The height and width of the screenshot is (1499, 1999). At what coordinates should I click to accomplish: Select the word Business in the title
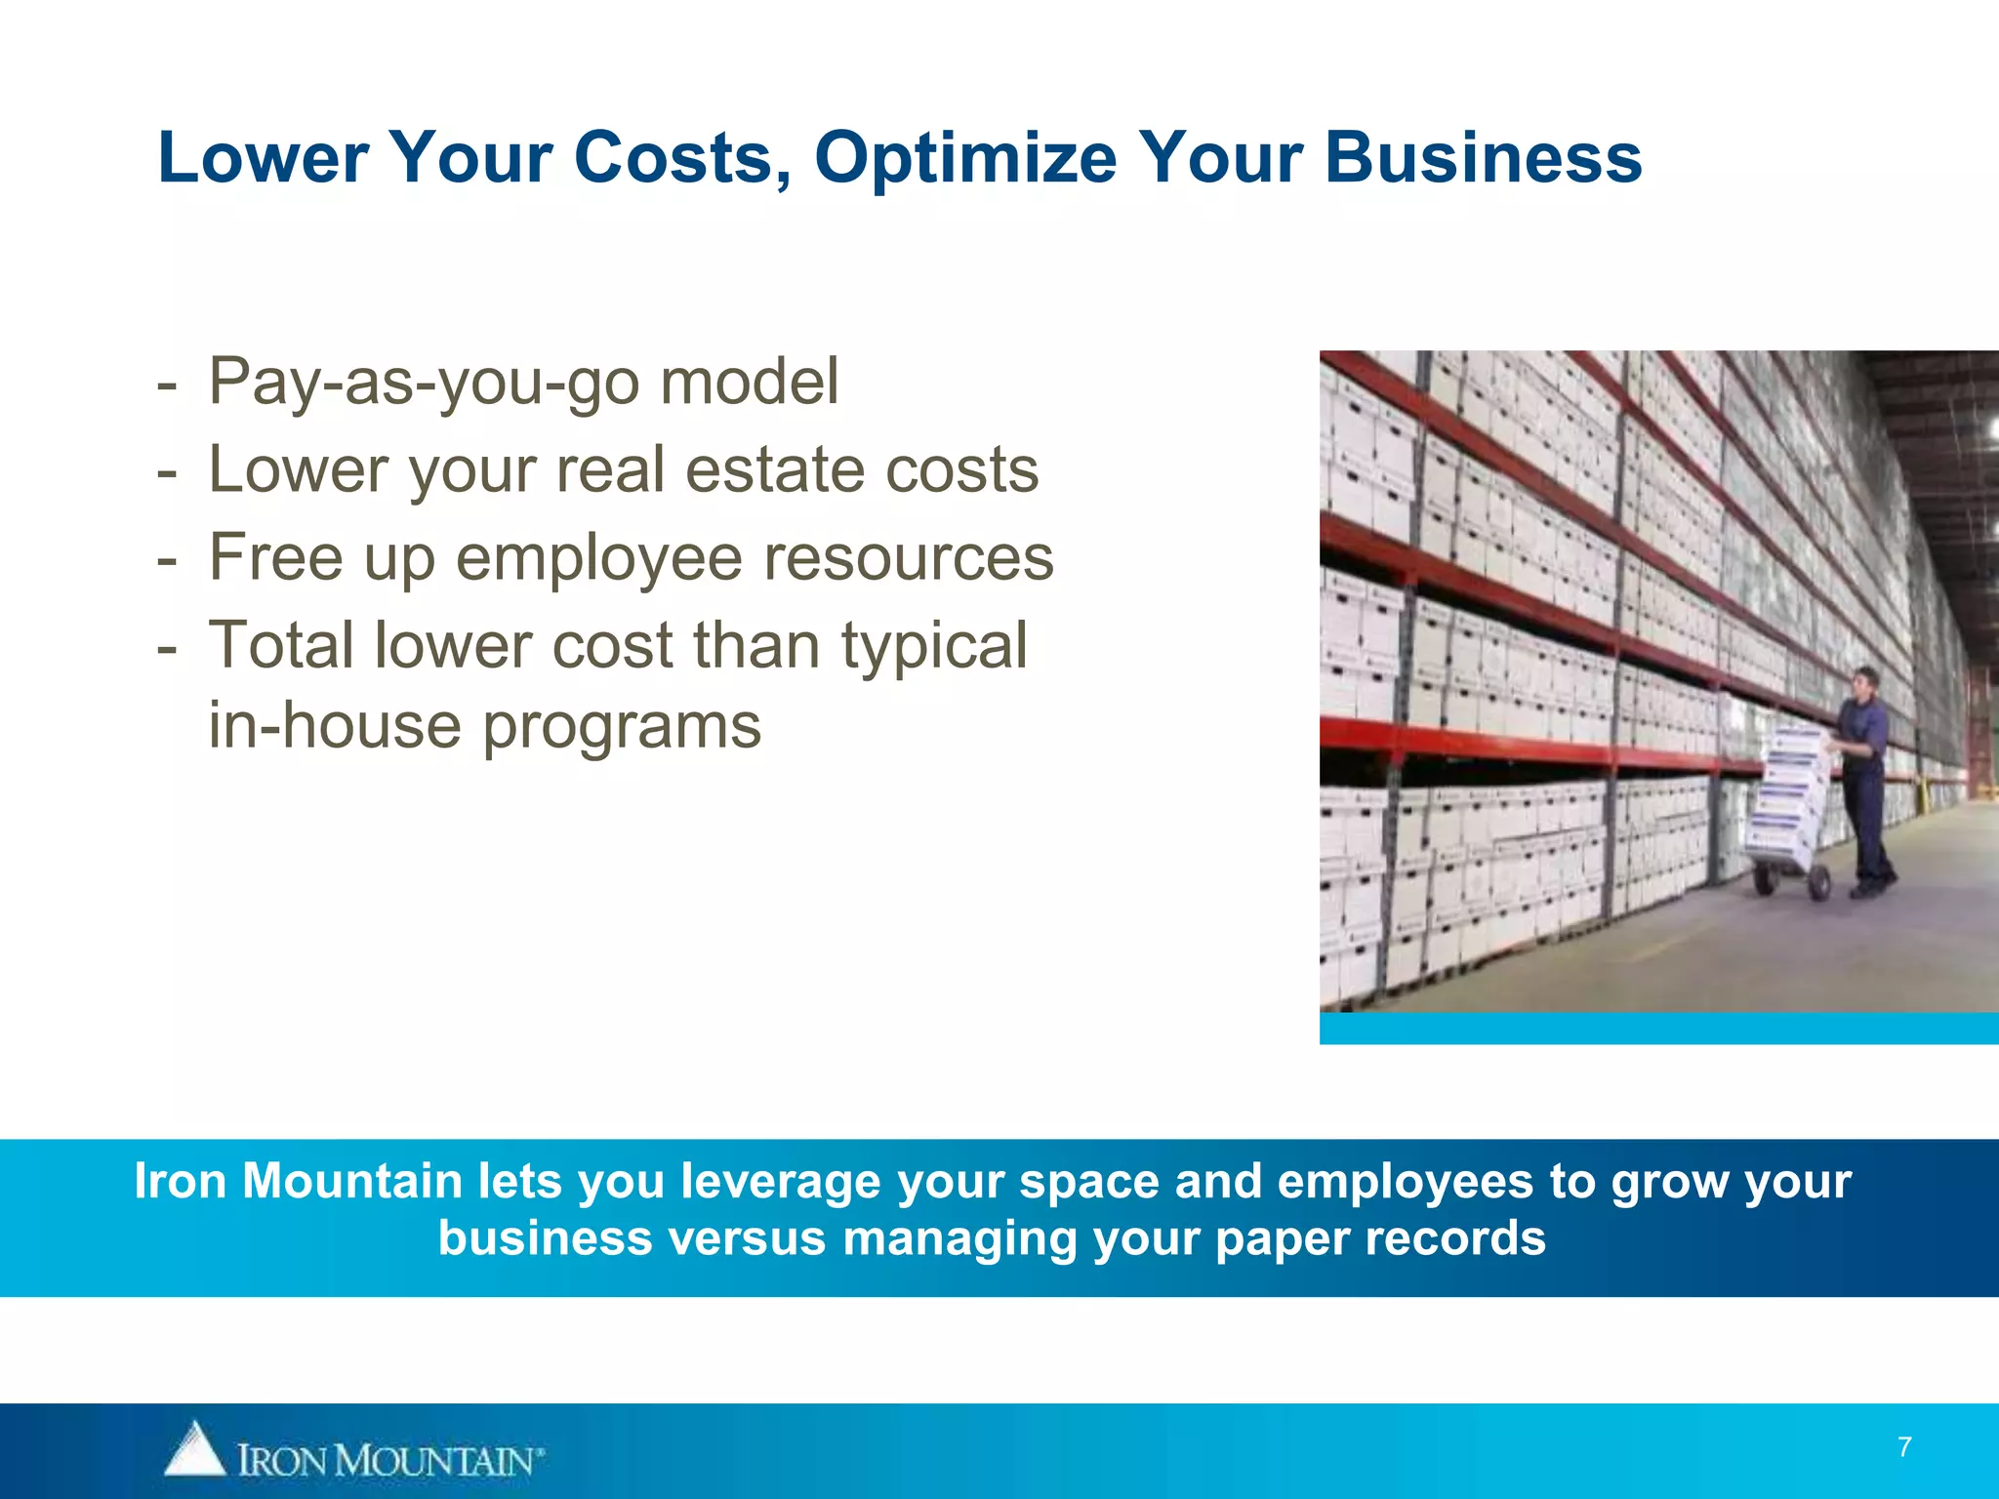[1483, 158]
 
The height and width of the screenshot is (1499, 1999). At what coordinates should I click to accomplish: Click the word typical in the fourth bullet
[934, 645]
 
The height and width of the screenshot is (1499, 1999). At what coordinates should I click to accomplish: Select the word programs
[622, 727]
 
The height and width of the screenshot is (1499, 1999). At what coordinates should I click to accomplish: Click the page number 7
[1904, 1446]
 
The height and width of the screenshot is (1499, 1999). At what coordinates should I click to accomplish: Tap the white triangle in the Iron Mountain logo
[195, 1449]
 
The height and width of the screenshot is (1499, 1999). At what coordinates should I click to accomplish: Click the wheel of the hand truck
[1816, 883]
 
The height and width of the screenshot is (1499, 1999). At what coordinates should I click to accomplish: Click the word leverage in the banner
[780, 1181]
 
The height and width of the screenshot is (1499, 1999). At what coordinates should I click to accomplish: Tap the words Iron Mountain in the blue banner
[297, 1181]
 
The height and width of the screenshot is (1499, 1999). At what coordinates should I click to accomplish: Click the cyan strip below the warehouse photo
[1658, 1029]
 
